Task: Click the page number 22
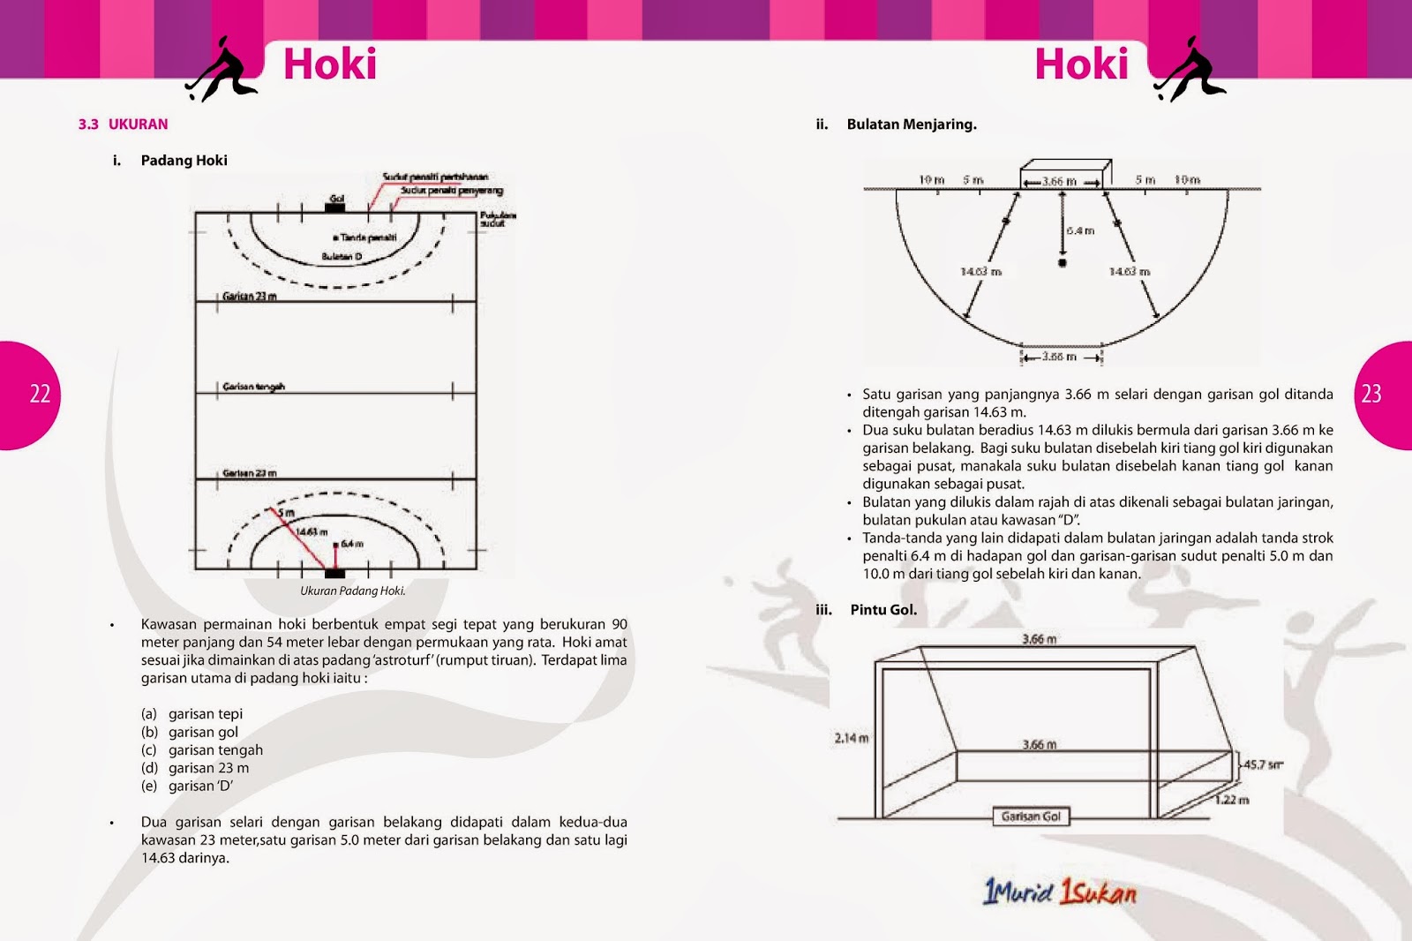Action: point(41,394)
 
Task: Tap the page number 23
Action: point(1371,394)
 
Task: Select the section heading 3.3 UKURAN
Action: point(123,124)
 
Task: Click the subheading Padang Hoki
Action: point(184,161)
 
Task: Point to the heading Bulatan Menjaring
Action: point(911,124)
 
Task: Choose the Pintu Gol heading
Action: point(883,610)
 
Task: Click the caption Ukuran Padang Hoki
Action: point(352,591)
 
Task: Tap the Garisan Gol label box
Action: point(1031,817)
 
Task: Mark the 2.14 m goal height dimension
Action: point(852,738)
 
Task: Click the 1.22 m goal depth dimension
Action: point(1231,800)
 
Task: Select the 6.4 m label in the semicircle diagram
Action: point(1080,230)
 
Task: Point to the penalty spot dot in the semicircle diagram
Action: point(1063,263)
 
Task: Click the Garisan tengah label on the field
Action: point(253,387)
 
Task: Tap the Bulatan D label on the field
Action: point(342,257)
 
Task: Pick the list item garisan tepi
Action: point(205,714)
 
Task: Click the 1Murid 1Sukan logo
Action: point(1060,892)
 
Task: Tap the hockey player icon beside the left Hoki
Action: point(222,69)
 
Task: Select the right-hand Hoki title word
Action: point(1081,64)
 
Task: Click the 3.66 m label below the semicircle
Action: point(1059,357)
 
